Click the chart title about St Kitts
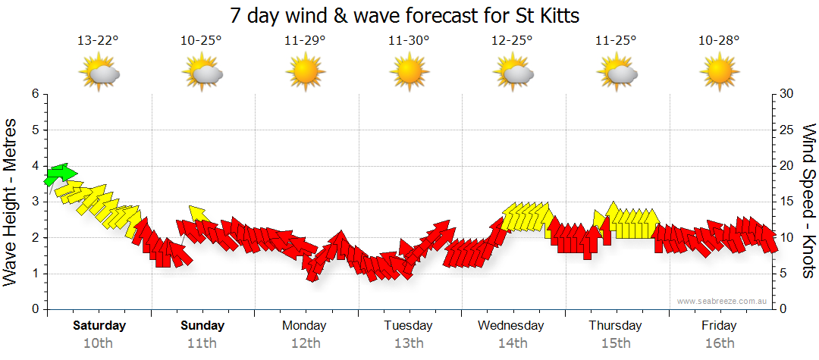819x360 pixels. coord(409,15)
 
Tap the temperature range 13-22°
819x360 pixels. coord(98,40)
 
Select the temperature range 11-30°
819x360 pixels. coord(408,40)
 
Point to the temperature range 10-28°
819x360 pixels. coord(719,40)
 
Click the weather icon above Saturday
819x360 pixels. coord(99,74)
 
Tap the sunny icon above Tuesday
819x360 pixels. coord(409,74)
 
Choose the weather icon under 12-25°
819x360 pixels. coord(512,74)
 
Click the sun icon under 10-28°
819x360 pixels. coord(719,74)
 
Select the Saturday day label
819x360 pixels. coord(99,326)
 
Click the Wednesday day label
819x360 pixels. coord(511,326)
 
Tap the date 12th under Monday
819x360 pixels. coord(305,343)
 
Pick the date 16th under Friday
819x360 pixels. coord(719,343)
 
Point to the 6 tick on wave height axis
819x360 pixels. coord(34,94)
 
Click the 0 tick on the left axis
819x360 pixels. coord(34,309)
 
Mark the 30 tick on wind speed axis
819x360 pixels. coord(786,94)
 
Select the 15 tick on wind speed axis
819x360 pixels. coord(786,202)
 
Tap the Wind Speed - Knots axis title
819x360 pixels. coord(808,201)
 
